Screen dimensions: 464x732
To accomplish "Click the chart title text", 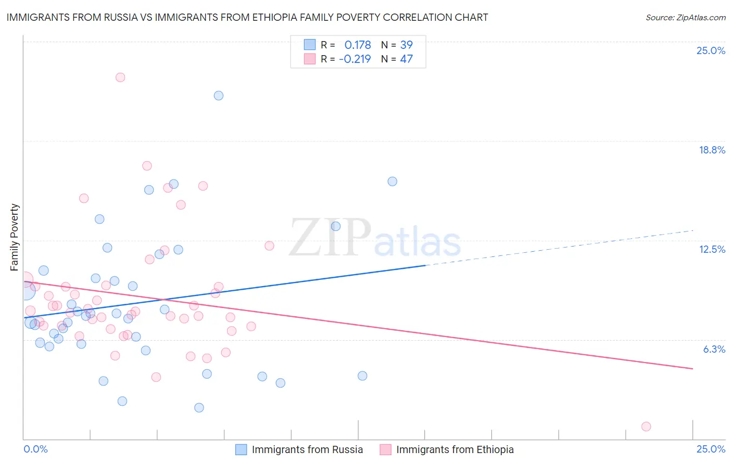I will [247, 17].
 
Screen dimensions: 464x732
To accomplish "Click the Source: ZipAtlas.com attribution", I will [685, 17].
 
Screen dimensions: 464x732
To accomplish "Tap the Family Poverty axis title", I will [14, 237].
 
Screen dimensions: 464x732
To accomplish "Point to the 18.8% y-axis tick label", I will [712, 150].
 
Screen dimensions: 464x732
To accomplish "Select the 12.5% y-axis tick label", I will [712, 249].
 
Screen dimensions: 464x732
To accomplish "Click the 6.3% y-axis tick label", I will [714, 349].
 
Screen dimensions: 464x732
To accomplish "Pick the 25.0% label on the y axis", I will [711, 50].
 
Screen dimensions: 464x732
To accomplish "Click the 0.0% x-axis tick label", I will [35, 449].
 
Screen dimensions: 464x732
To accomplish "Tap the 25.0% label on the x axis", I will [711, 449].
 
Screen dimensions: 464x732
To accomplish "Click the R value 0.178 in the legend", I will [358, 45].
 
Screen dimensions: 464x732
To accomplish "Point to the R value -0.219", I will [355, 59].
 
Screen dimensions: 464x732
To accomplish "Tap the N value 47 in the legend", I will [406, 59].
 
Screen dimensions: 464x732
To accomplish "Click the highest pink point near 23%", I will [120, 77].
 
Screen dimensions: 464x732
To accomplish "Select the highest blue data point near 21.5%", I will [219, 96].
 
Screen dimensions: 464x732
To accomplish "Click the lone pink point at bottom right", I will [646, 427].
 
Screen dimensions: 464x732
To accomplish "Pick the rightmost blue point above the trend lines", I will [393, 182].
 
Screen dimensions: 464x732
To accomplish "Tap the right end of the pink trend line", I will [692, 368].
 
